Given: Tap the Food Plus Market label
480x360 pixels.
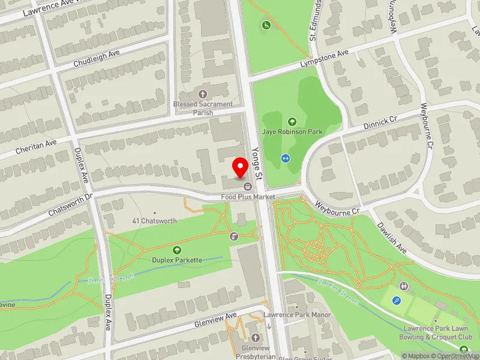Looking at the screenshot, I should [x=248, y=197].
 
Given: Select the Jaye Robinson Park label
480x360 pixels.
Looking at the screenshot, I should [x=292, y=131].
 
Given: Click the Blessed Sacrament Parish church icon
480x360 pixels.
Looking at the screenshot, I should [x=202, y=94].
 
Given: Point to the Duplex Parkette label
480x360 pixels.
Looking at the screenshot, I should [x=177, y=260].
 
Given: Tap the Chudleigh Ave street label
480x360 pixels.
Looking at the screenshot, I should [x=97, y=58].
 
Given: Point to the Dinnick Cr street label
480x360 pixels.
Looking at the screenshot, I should [x=381, y=123].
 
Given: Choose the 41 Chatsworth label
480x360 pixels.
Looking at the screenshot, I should [x=155, y=221].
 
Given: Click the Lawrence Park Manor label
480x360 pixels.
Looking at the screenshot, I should [x=298, y=314].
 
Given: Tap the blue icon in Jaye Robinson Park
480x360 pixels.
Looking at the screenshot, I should [x=285, y=158].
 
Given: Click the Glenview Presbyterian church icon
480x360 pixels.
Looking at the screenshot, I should [x=256, y=337].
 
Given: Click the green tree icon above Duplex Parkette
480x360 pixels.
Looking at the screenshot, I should [x=177, y=250].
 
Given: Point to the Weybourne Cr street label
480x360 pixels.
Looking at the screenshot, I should [x=336, y=207].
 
